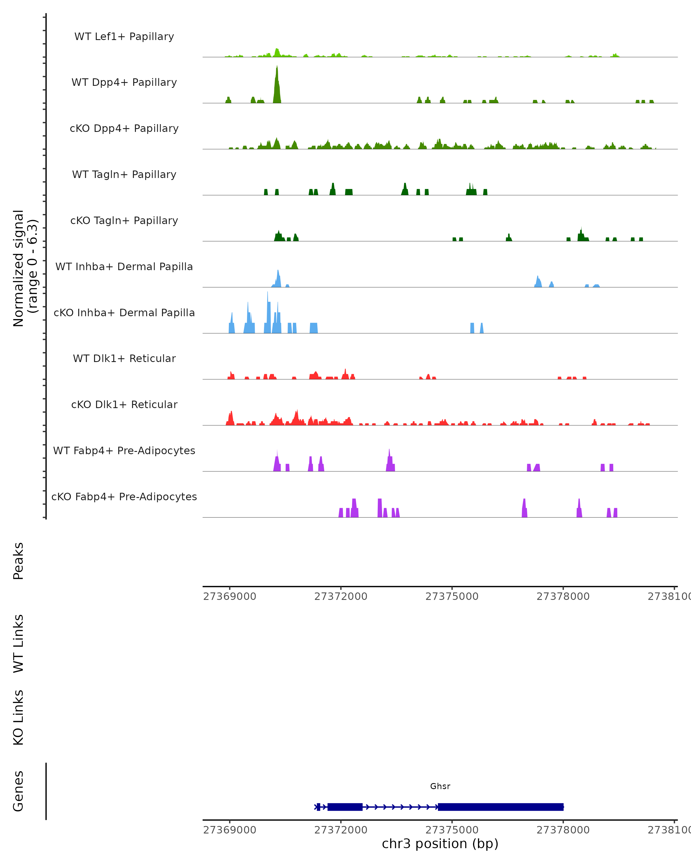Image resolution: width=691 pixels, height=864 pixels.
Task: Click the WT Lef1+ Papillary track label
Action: (124, 37)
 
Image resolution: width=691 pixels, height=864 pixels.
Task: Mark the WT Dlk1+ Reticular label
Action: (124, 358)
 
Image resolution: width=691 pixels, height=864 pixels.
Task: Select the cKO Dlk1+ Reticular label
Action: (124, 404)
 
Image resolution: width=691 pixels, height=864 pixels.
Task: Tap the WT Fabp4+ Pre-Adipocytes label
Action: (124, 450)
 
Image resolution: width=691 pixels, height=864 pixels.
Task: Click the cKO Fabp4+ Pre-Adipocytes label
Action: (124, 497)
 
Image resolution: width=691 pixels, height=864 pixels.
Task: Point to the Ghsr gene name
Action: (440, 786)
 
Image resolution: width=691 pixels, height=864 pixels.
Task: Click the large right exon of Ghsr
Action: (501, 807)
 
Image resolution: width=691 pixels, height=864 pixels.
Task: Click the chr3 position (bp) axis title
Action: (440, 844)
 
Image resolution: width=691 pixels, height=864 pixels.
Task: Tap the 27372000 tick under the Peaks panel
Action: (341, 596)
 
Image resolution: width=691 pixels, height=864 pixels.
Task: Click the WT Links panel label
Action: (18, 643)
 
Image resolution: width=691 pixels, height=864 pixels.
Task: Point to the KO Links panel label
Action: (18, 717)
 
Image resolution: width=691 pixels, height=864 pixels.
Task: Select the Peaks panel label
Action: (18, 561)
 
